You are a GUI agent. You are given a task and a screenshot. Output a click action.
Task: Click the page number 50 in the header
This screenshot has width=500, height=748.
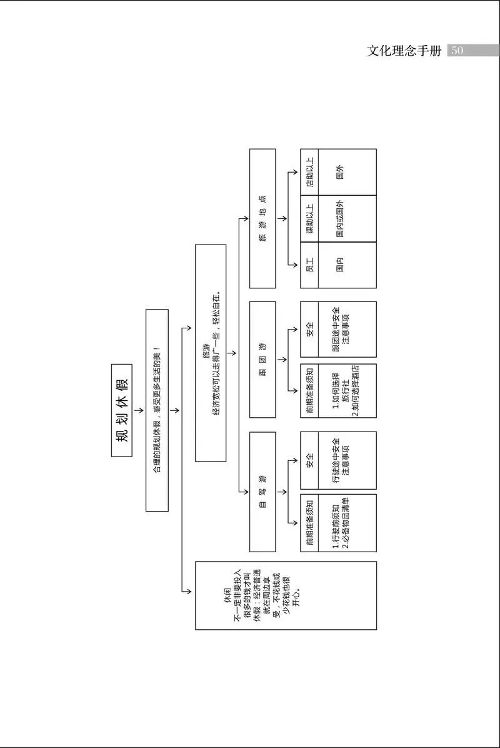[457, 51]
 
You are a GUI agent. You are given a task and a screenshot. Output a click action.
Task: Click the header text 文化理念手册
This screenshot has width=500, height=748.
[404, 51]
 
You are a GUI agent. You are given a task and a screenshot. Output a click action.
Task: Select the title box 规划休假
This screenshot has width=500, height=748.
[122, 410]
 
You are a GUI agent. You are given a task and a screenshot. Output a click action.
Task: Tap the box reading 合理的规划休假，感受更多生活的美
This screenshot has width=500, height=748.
[157, 410]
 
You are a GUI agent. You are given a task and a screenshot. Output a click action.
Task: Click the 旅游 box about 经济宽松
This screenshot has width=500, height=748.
[211, 353]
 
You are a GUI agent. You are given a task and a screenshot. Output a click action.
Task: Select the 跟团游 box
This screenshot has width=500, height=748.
[263, 359]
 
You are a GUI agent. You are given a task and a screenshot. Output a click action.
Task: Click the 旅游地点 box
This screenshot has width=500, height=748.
[263, 218]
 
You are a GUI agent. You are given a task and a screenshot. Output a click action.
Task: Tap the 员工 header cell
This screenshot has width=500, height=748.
[309, 265]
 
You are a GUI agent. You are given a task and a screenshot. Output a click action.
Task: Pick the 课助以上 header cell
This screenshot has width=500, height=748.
[309, 218]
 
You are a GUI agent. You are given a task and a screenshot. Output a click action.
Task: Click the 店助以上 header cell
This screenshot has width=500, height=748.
[309, 172]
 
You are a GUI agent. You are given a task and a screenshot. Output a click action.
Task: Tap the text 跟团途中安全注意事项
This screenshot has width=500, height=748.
[340, 330]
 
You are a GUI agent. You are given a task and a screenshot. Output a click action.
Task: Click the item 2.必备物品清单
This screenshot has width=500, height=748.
[344, 523]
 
